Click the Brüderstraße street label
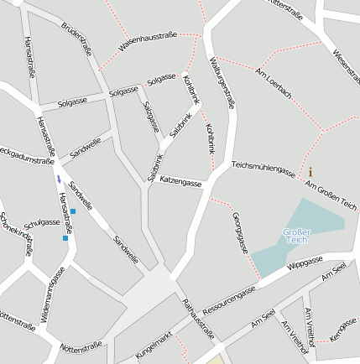click(76, 37)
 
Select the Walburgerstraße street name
click(222, 82)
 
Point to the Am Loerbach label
click(274, 82)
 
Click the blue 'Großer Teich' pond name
click(297, 236)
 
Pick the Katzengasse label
click(180, 180)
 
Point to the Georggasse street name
click(238, 232)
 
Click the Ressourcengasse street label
click(229, 299)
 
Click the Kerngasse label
click(343, 328)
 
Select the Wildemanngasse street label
click(52, 294)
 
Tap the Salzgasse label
click(151, 117)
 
